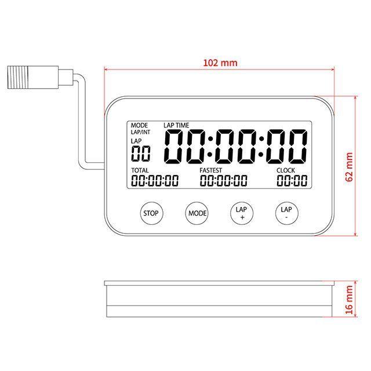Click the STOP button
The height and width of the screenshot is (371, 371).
pos(151,213)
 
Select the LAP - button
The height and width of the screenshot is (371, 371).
pos(286,213)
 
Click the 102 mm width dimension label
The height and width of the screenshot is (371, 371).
pos(219,63)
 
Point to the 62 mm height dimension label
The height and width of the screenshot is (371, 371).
pos(348,167)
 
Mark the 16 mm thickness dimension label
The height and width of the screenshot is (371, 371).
pos(348,299)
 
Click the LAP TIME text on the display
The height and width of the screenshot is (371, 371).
pos(176,125)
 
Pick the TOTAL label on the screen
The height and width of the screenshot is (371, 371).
pos(140,170)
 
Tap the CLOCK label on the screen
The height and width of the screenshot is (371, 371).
pos(286,170)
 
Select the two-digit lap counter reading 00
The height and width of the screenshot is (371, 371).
pos(140,154)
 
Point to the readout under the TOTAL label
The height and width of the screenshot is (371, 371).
pos(155,181)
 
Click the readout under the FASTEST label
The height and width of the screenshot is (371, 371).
pos(224,181)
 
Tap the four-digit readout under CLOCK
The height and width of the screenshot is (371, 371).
pos(292,181)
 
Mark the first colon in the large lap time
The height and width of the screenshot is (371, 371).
pos(212,147)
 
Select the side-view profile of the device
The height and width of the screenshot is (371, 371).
pos(219,299)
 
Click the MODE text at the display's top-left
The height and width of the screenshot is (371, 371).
pos(139,125)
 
